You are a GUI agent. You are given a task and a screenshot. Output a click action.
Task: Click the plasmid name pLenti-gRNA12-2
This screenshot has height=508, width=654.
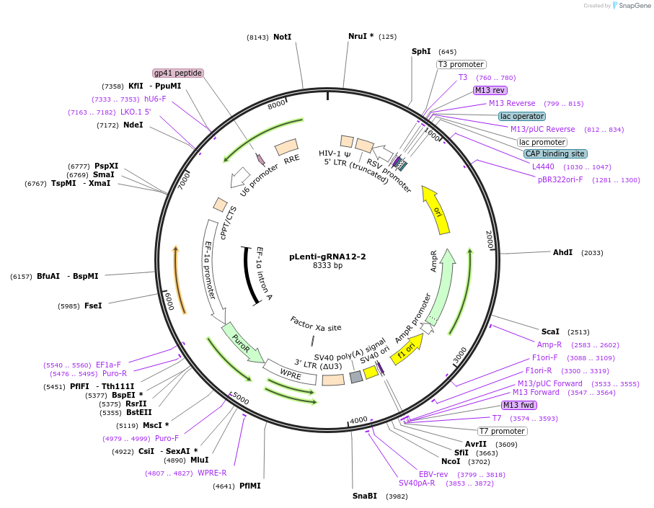click(x=327, y=257)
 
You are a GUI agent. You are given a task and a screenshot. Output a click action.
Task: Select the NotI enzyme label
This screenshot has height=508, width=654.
click(x=282, y=37)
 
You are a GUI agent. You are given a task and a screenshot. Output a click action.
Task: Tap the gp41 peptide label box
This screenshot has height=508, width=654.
click(x=178, y=73)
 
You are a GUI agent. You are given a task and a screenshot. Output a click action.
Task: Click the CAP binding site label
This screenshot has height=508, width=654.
click(x=555, y=153)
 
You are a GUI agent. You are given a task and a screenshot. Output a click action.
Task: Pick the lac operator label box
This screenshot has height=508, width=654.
click(x=522, y=116)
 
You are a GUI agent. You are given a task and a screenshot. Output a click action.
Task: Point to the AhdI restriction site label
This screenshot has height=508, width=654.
click(x=562, y=253)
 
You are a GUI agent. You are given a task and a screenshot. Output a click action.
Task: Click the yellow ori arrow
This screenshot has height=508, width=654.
click(x=436, y=210)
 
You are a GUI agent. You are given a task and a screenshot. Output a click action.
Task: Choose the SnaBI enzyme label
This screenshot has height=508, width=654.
click(x=365, y=496)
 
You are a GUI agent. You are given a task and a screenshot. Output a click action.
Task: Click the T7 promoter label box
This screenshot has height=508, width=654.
click(x=503, y=431)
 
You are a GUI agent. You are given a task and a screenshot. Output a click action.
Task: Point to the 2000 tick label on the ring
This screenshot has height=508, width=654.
click(x=489, y=239)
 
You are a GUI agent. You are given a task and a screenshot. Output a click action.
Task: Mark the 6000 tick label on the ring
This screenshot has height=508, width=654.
click(x=167, y=301)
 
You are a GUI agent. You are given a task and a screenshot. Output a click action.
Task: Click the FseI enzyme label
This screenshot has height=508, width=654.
click(x=93, y=306)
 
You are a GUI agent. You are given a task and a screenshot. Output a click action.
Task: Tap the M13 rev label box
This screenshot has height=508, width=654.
click(x=490, y=90)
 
